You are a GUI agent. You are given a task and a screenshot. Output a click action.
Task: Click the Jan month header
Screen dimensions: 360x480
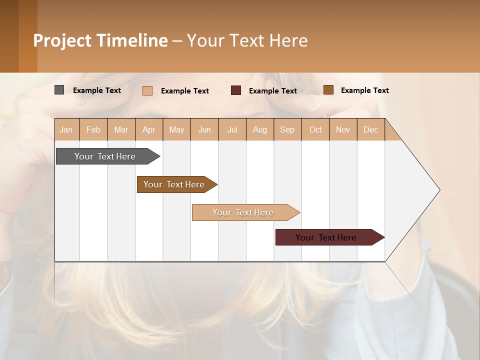click(66, 130)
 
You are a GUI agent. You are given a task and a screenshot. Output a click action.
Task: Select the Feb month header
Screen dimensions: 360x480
click(93, 130)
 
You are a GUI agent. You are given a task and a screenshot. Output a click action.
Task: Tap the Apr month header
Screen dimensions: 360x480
click(148, 130)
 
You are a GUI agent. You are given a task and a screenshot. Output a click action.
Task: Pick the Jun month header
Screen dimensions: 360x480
click(204, 130)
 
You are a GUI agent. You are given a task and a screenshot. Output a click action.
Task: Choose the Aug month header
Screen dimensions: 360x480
click(259, 130)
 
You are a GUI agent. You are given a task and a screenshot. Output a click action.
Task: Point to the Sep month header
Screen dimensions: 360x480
click(287, 130)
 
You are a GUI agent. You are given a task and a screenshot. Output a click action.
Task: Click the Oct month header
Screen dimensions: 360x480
click(315, 130)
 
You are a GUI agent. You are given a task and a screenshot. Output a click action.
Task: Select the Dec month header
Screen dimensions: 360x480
click(370, 130)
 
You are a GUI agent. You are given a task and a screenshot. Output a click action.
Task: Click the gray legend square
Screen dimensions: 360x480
click(59, 90)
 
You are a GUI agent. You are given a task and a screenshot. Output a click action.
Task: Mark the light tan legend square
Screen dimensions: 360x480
click(147, 90)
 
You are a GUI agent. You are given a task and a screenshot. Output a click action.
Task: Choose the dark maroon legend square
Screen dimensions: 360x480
click(236, 90)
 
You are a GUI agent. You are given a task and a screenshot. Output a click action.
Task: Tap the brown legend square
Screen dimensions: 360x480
click(328, 90)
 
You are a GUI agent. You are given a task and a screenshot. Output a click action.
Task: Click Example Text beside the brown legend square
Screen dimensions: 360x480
click(364, 90)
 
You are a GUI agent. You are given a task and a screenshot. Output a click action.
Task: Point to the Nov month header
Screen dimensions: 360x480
click(343, 130)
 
